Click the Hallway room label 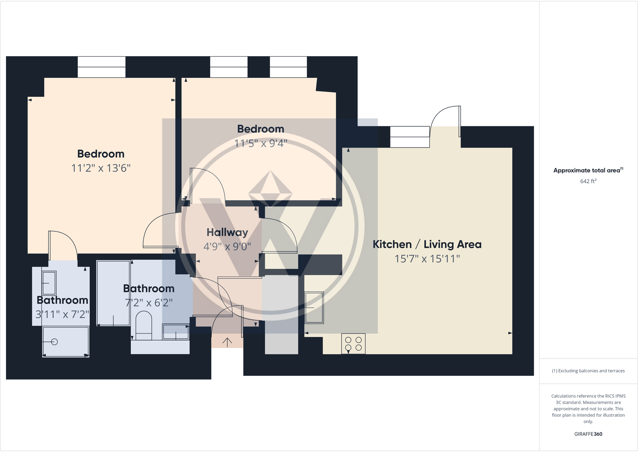227,232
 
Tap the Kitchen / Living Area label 427,244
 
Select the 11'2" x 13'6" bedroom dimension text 101,168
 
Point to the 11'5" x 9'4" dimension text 261,143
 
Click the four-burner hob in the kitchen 353,344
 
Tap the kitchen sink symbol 314,307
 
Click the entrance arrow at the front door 227,342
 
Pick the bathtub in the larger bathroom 114,293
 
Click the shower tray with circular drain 65,341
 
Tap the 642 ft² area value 588,181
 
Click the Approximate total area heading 587,170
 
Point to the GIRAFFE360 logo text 588,434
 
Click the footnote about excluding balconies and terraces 588,371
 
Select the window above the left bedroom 102,67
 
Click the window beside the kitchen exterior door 410,137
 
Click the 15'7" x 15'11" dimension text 427,259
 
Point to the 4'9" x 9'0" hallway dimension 227,246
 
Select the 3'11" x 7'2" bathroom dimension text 62,314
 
